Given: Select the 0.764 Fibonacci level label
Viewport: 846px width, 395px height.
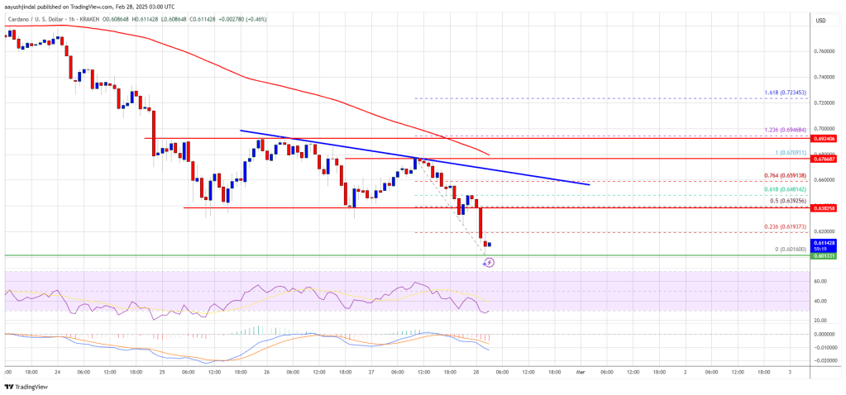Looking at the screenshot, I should coord(772,176).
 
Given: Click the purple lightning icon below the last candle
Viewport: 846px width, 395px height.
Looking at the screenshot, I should coord(489,263).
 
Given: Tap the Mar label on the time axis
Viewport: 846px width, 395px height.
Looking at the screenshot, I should coord(580,373).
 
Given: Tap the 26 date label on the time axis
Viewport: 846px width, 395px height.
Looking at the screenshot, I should coord(266,373).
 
